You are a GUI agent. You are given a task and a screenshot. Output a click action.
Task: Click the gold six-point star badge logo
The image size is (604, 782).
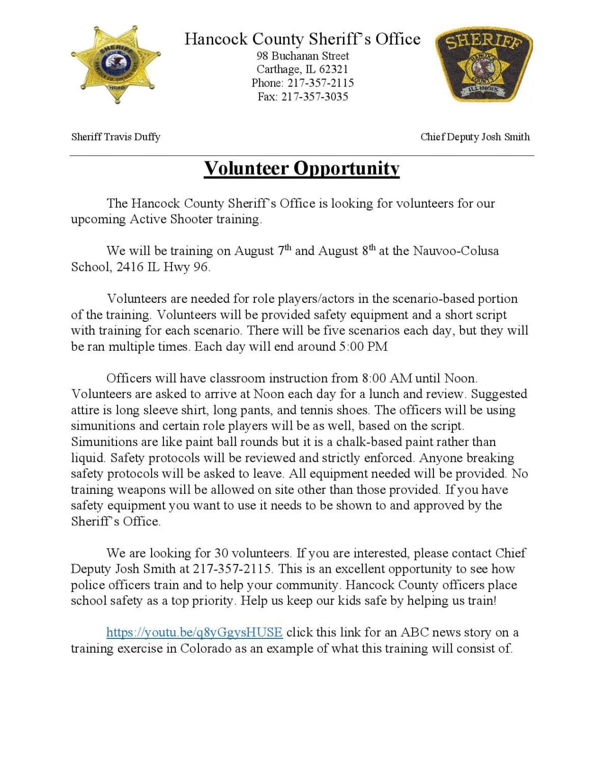click(117, 64)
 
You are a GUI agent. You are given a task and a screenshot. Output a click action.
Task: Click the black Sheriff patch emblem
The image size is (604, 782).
click(483, 65)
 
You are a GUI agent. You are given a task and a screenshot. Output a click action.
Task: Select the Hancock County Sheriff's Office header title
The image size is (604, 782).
click(302, 39)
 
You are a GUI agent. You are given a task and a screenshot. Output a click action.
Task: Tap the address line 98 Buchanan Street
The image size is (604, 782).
click(302, 56)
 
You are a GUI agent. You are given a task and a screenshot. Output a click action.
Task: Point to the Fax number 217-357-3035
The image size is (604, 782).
click(314, 97)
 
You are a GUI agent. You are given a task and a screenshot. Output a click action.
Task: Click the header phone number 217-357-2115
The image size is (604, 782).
click(321, 83)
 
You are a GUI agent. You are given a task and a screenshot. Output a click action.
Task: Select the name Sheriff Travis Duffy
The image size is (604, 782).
click(116, 137)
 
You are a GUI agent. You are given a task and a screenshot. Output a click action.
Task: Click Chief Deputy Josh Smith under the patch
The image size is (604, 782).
click(475, 137)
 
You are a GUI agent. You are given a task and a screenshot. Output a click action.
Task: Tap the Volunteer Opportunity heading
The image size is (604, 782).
click(302, 169)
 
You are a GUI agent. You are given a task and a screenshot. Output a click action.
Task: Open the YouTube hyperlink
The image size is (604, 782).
click(194, 632)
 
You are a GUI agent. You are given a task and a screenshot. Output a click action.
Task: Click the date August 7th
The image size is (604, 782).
click(263, 251)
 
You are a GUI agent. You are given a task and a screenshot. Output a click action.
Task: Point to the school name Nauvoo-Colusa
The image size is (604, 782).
click(455, 251)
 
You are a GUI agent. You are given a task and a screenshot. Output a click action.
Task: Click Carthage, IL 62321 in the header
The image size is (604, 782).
click(302, 70)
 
